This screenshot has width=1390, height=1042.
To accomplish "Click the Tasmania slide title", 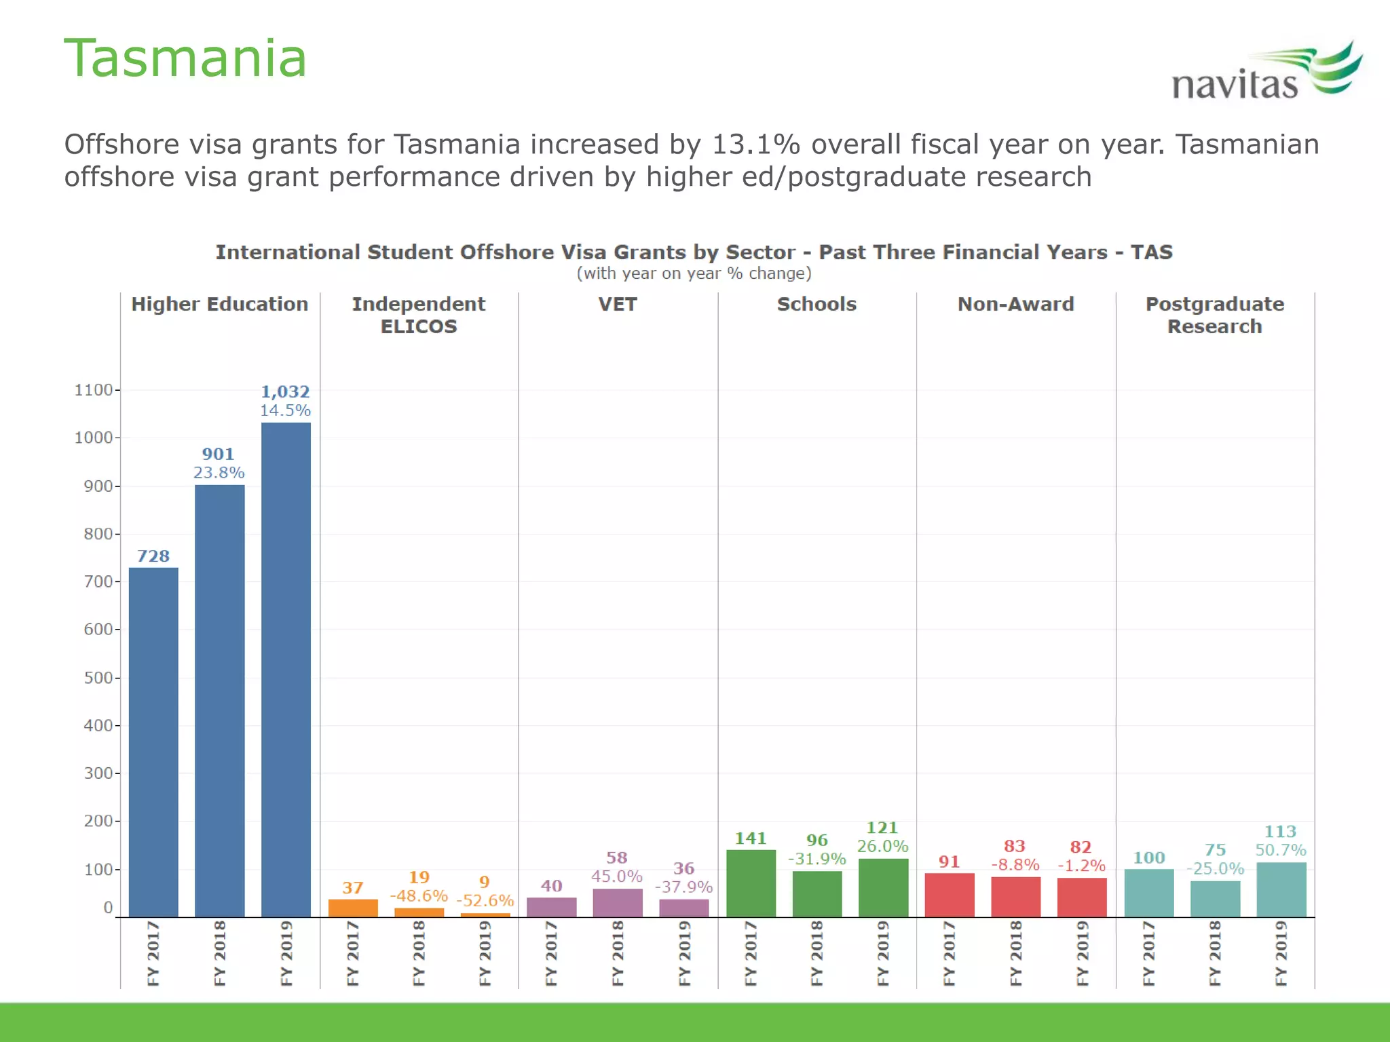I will point(185,58).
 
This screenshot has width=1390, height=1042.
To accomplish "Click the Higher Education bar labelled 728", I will point(153,742).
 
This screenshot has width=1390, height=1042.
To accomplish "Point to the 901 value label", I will point(218,454).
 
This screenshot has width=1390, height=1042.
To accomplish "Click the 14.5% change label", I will point(285,410).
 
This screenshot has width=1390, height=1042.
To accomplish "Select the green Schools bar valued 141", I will point(751,883).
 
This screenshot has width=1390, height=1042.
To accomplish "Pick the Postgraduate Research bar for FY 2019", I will point(1281,889).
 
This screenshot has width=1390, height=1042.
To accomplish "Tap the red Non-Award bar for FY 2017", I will point(949,895).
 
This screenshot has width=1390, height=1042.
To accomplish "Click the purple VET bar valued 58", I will point(617,903).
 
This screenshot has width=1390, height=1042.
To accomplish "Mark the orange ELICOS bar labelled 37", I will point(353,908).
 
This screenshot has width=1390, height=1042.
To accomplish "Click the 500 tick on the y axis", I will point(98,678).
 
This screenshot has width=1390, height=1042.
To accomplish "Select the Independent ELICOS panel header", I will point(419,315).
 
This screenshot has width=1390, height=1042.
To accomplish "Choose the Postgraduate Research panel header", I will point(1214,315).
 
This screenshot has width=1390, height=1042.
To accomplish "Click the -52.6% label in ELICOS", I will point(485,901).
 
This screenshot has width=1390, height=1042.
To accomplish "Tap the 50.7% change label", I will point(1280,850).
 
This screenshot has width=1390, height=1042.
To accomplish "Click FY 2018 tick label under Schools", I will point(816,952).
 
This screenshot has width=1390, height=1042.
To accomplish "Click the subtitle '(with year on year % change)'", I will point(694,273).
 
